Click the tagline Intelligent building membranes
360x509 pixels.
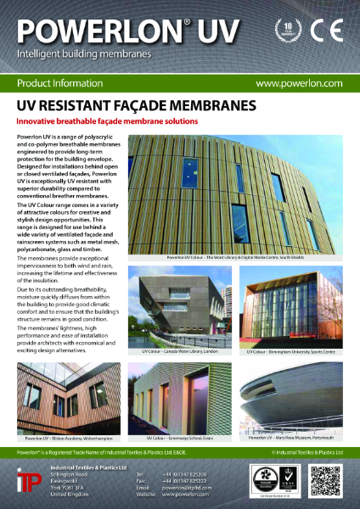click(x=84, y=54)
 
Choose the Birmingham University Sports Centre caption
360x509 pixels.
click(x=291, y=350)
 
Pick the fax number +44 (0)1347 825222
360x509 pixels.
click(x=189, y=478)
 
